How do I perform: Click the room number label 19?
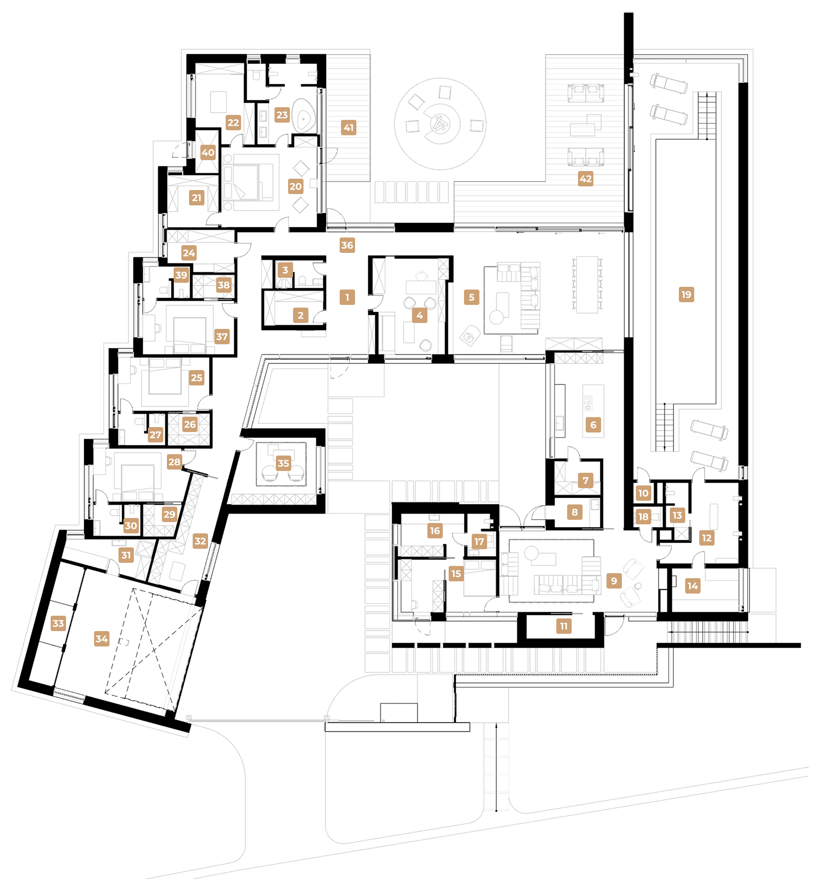686,295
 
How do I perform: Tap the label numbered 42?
585,179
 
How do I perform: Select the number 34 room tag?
102,639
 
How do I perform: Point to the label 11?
564,626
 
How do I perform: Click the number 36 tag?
347,245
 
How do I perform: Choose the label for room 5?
471,297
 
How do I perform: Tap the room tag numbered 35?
283,463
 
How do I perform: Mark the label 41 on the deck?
348,128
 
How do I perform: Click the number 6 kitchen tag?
593,425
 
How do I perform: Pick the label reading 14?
692,586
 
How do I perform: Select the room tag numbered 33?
58,623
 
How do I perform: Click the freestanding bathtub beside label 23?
303,116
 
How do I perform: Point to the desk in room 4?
421,287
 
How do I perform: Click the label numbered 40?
208,152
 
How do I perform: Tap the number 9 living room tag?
614,581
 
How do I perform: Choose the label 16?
435,531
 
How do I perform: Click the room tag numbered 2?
300,315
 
